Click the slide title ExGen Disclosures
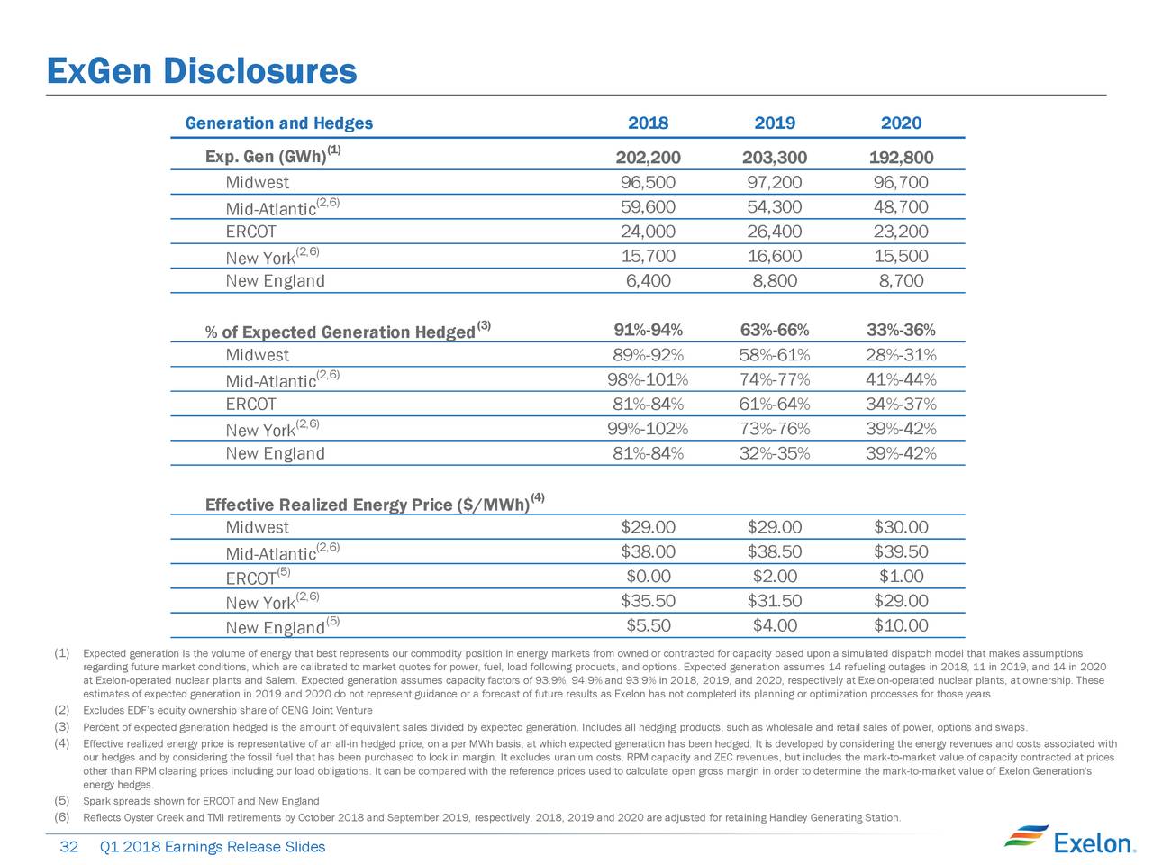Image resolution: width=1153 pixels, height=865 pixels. [x=202, y=71]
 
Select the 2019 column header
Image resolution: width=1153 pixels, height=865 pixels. [x=775, y=123]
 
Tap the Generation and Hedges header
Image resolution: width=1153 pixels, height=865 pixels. [x=279, y=123]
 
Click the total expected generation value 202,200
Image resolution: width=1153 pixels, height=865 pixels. [x=648, y=157]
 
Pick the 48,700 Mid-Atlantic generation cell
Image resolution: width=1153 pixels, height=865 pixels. [x=901, y=206]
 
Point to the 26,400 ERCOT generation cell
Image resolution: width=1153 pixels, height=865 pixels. [x=775, y=231]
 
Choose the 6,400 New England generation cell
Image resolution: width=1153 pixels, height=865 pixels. [x=648, y=280]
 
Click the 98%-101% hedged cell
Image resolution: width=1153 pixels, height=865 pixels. [x=648, y=379]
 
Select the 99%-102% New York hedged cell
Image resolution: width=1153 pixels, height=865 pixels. [x=648, y=429]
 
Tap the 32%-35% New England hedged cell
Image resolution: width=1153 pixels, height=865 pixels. [x=775, y=452]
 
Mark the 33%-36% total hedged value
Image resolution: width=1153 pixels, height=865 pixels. [x=901, y=330]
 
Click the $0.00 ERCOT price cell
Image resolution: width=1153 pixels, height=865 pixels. [x=649, y=576]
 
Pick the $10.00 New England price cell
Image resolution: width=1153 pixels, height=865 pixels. [x=901, y=625]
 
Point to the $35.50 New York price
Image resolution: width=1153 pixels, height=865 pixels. [x=649, y=600]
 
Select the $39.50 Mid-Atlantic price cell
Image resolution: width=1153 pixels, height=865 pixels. [x=901, y=551]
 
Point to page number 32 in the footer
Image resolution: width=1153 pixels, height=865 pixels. [x=68, y=847]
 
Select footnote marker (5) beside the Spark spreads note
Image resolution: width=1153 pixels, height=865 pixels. [x=62, y=800]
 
